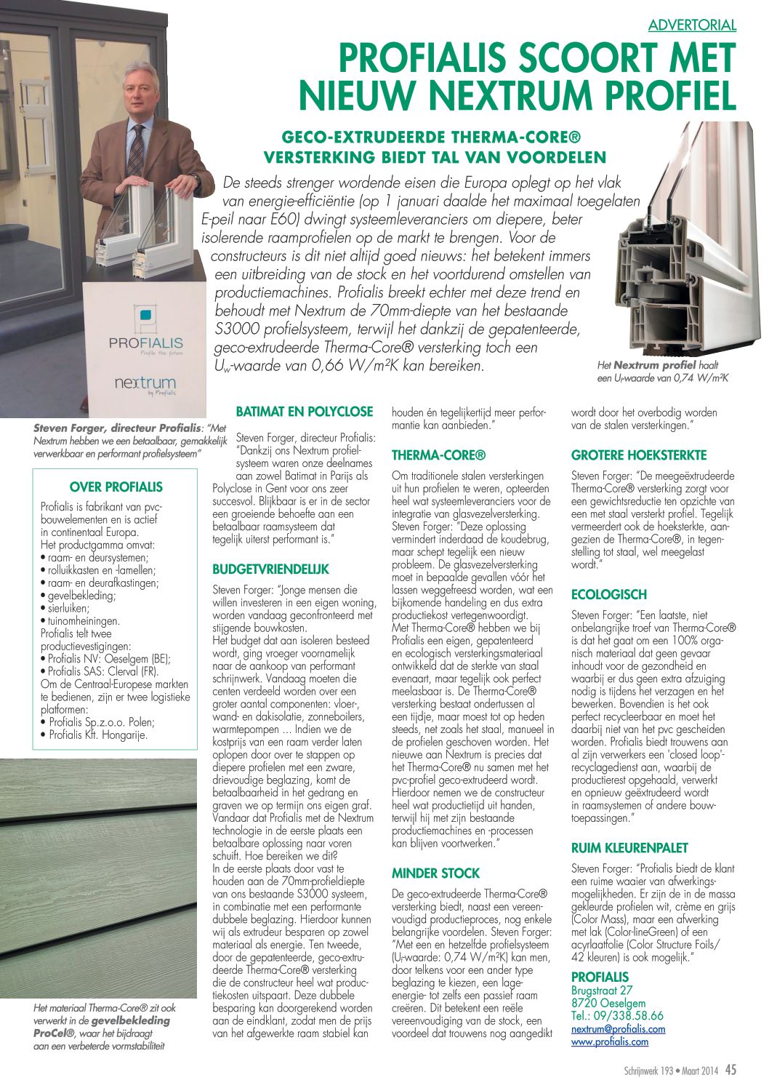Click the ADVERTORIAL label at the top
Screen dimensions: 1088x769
click(x=692, y=25)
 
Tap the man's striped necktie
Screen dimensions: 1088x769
click(x=136, y=149)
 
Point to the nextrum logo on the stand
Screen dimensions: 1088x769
click(x=145, y=383)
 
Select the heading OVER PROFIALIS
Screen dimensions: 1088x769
click(x=116, y=487)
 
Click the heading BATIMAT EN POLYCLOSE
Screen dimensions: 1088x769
click(x=304, y=412)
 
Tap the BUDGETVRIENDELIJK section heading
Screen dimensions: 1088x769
click(x=270, y=569)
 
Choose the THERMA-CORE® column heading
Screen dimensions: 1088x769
click(x=438, y=455)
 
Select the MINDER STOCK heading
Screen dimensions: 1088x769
click(x=436, y=873)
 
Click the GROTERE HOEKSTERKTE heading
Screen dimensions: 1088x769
click(x=639, y=455)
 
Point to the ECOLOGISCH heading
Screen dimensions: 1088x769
click(x=609, y=594)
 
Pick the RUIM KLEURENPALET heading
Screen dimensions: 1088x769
click(x=629, y=847)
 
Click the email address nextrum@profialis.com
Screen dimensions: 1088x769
click(x=618, y=1029)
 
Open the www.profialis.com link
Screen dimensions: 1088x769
click(x=610, y=1041)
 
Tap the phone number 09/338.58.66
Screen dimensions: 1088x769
click(x=628, y=1016)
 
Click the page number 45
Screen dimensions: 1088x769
click(x=730, y=1070)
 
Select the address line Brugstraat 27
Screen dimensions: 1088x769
click(x=602, y=991)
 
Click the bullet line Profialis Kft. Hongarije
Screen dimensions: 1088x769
click(x=98, y=735)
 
